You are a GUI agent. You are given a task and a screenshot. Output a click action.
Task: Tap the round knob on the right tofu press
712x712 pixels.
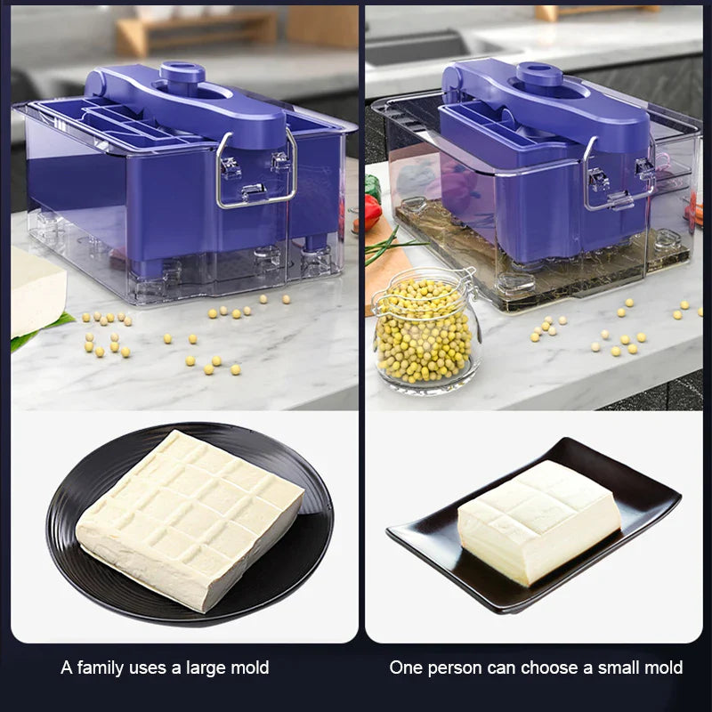coord(540,75)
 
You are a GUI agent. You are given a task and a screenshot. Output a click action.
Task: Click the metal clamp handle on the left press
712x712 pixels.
coord(257,169)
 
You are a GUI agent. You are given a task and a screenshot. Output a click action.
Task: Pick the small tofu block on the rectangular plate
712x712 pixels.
coord(539,522)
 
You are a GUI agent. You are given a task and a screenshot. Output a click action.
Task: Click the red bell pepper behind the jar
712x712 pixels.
coord(373,212)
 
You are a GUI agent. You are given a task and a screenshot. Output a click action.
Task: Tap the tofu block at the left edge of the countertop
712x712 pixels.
coord(36,290)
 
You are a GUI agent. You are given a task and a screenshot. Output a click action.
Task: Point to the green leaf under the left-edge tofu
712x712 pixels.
coord(41,329)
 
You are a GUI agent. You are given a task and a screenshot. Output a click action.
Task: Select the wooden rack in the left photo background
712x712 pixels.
coord(195,32)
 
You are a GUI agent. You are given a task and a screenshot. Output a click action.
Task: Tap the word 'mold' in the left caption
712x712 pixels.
coord(250,667)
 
